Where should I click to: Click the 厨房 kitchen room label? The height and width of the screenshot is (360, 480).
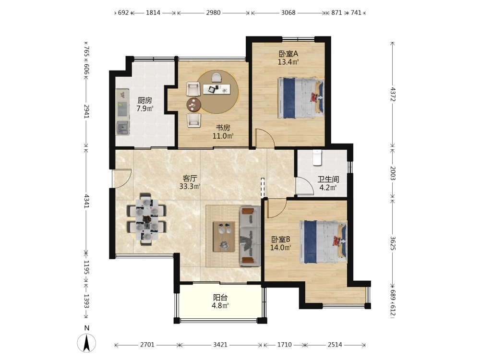coord(145,100)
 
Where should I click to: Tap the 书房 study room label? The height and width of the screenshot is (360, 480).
coord(223,128)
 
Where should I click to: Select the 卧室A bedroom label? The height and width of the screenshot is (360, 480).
coord(288,54)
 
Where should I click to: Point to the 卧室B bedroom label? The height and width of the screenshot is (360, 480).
coord(281,240)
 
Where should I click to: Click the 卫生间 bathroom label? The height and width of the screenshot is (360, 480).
coord(328,180)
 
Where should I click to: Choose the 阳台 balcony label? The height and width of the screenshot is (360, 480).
coord(220,297)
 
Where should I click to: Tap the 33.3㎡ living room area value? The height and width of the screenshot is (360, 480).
coord(190,186)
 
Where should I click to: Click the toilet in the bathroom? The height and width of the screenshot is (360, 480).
coord(317,157)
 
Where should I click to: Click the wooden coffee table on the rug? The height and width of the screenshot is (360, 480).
coord(224,237)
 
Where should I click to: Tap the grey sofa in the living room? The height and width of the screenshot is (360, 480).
coord(250,236)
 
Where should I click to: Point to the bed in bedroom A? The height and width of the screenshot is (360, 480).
coord(301,97)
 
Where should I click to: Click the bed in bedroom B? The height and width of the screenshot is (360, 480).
coord(323,242)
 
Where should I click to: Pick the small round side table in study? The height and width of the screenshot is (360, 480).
coord(193,105)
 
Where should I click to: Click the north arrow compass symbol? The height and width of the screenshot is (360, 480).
coord(86,343)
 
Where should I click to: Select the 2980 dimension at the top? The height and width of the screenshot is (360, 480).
coord(214,13)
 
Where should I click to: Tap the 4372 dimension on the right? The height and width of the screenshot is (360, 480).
coord(393,95)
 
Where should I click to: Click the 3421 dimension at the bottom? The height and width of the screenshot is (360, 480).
coord(220,345)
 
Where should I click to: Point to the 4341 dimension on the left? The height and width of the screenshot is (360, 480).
coord(86,201)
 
